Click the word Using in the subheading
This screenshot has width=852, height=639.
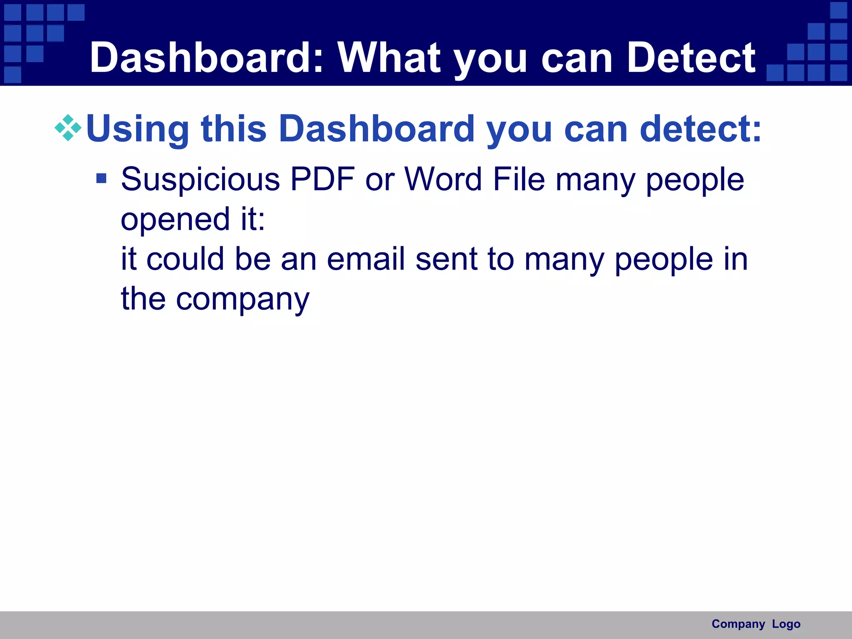(138, 129)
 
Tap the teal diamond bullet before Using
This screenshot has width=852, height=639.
(68, 128)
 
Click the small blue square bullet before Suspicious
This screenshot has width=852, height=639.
(101, 178)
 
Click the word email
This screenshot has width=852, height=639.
(366, 259)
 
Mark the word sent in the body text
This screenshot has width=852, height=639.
(446, 259)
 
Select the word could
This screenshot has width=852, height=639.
(185, 259)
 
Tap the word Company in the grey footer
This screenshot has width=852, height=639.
(738, 624)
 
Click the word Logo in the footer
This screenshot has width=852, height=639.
(786, 624)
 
